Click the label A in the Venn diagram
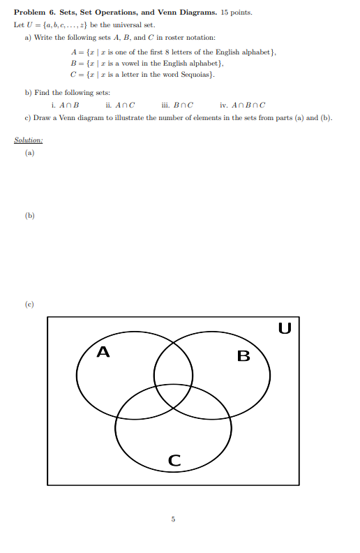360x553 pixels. point(103,351)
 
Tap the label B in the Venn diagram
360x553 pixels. point(243,356)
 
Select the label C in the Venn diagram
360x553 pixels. point(174,460)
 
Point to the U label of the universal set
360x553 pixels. point(284,327)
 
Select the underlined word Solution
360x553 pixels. point(29,140)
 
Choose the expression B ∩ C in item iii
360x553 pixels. point(183,105)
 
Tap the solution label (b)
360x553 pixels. point(29,216)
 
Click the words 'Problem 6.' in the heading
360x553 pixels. point(31,13)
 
